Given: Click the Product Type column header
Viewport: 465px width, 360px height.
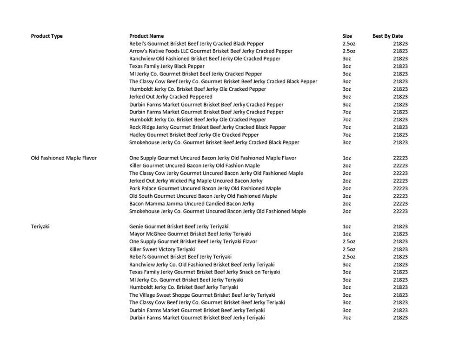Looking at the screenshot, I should click(x=46, y=36).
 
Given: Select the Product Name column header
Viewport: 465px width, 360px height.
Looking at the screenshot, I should click(x=146, y=36).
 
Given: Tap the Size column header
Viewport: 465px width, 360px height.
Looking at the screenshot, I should click(x=347, y=36).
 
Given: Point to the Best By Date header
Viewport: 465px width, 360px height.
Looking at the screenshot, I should click(x=388, y=36).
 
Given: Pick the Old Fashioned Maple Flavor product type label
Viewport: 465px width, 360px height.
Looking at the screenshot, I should click(x=64, y=158).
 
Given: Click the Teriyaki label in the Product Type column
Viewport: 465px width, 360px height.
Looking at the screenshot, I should click(x=40, y=227).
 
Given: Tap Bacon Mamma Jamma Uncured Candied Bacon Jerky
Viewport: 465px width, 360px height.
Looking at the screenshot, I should click(x=192, y=204).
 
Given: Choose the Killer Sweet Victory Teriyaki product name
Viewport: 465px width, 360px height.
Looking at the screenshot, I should click(x=162, y=249).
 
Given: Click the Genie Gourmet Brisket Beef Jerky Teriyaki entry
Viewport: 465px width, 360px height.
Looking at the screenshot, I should click(x=179, y=227).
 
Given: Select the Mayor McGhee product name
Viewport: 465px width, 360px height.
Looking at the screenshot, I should click(x=190, y=234).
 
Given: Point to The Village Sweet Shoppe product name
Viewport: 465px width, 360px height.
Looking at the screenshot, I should click(x=202, y=295).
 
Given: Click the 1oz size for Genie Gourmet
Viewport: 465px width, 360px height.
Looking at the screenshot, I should click(x=346, y=227).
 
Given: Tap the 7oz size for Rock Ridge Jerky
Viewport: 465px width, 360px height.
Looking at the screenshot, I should click(x=346, y=127).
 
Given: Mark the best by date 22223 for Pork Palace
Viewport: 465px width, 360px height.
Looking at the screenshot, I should click(x=400, y=188).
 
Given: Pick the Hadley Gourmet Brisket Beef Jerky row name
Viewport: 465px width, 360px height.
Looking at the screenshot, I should click(x=194, y=135).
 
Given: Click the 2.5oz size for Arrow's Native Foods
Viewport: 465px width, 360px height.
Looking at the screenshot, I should click(x=349, y=51).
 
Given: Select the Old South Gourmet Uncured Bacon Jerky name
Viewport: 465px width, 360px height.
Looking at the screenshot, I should click(x=203, y=196).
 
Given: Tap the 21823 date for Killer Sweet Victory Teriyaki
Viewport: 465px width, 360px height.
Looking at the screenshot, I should click(x=400, y=249).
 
